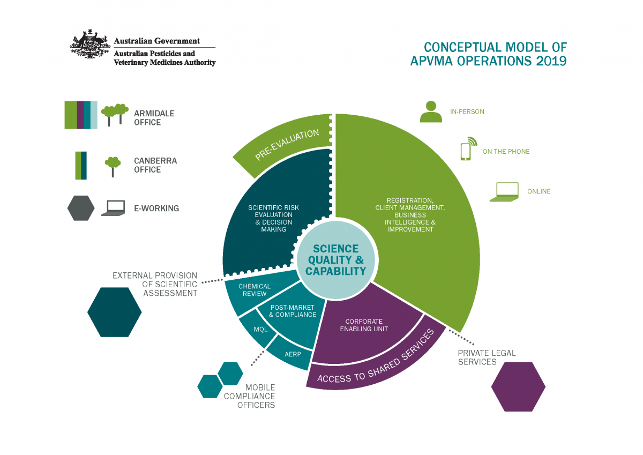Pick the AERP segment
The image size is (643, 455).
coord(292,354)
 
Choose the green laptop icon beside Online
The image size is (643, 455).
coord(505,191)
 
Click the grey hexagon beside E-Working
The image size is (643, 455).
coord(81,208)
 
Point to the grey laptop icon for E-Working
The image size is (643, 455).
coord(113,208)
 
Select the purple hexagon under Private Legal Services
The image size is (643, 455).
coord(518,386)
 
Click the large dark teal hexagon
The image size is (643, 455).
coord(115,312)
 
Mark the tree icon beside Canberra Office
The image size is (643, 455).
coord(113,166)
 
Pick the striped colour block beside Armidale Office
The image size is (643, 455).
coord(81,115)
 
